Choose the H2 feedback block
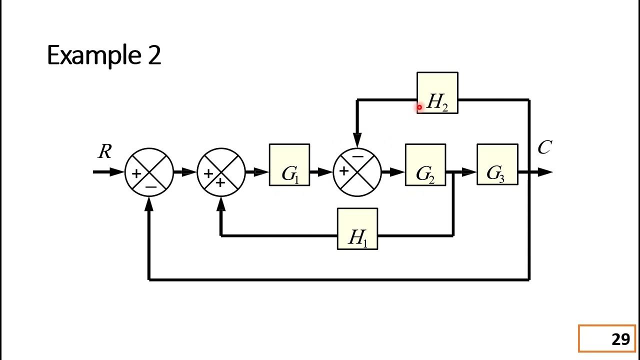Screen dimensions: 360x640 coord(437,93)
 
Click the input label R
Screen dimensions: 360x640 coord(104,152)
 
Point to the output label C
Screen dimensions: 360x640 coord(544,148)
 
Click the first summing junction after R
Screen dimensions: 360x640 coord(149,172)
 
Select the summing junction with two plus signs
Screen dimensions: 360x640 coord(221,172)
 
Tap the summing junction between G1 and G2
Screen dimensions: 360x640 coord(357,172)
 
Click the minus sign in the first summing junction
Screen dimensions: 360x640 coord(151,187)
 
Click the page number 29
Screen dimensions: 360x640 coord(620,339)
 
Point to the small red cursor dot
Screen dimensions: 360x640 coord(419,107)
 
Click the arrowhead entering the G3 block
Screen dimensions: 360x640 coord(469,172)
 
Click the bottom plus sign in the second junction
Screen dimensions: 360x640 coord(220,183)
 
